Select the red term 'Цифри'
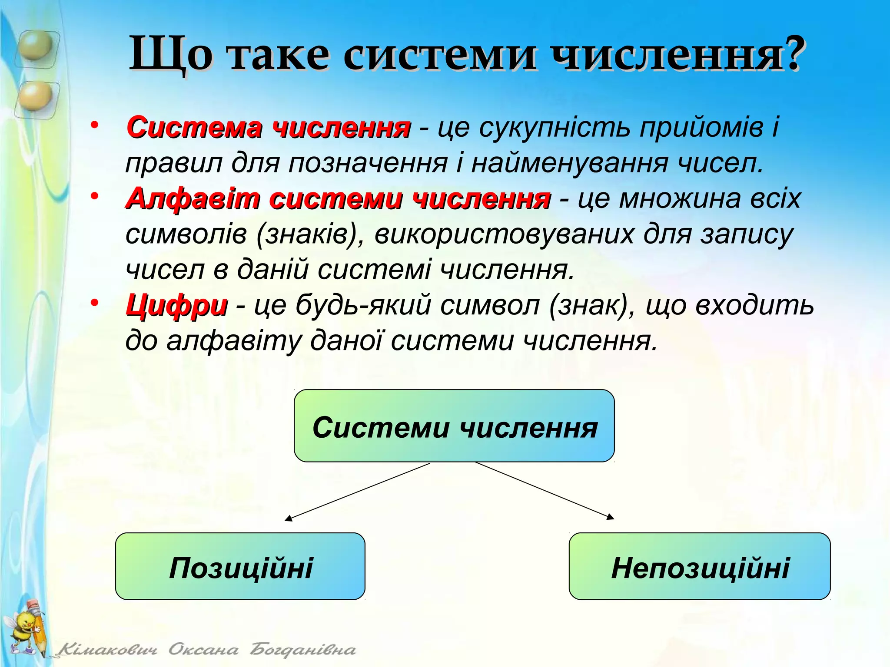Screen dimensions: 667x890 [176, 305]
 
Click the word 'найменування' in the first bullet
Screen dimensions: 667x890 [569, 163]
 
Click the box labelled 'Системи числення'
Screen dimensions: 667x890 [455, 426]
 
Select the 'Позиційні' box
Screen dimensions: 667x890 [240, 567]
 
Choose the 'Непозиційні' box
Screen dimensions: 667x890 [700, 567]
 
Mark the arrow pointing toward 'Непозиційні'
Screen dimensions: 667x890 [545, 491]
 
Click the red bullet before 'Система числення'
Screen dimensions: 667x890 [95, 126]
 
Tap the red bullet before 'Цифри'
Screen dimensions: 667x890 [95, 303]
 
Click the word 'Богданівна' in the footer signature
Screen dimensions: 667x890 [302, 650]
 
